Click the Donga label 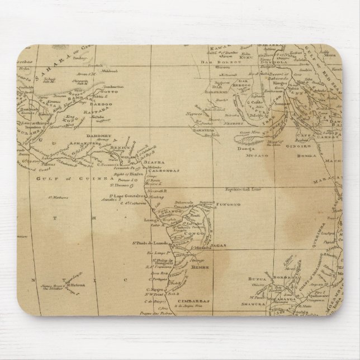246,150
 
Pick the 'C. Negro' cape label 155,289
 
